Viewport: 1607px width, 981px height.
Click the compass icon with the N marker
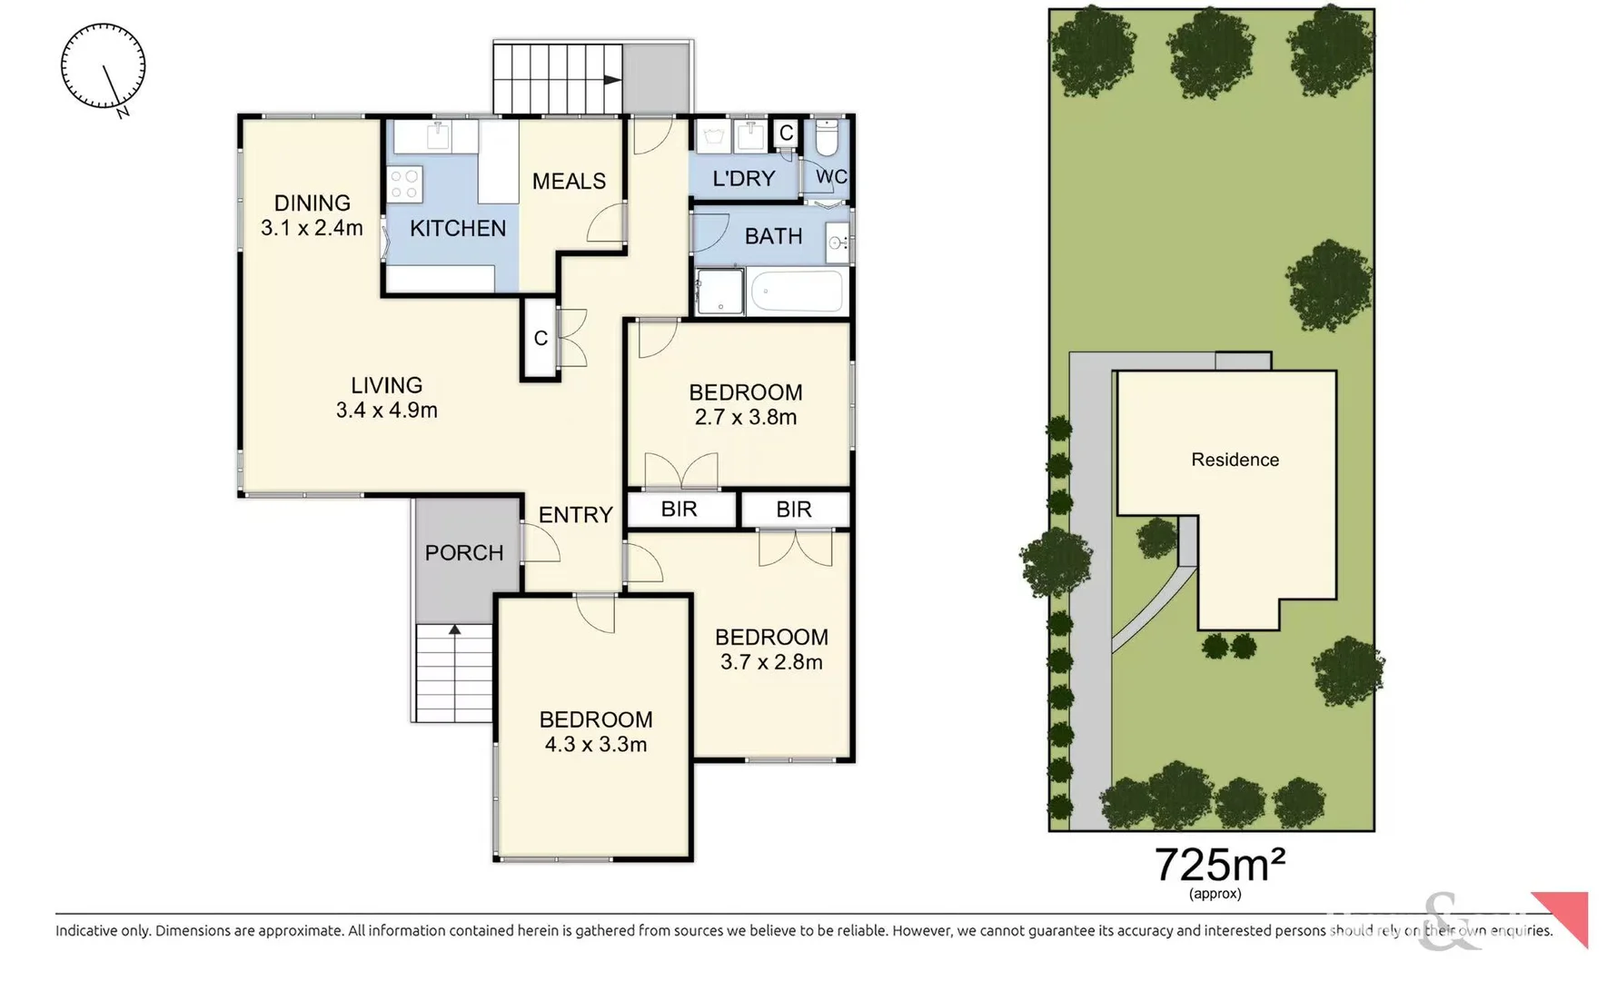(103, 67)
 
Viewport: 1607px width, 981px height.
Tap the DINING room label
(312, 203)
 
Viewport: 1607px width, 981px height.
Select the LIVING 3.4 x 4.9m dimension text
(386, 411)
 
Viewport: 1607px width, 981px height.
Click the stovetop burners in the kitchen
(404, 183)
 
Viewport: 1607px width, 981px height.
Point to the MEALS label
(569, 182)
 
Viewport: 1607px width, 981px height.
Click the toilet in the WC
(827, 139)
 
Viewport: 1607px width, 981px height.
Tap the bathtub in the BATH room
(796, 292)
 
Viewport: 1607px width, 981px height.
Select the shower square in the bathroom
(719, 291)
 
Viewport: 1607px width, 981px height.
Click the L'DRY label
(743, 179)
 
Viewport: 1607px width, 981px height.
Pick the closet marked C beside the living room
(540, 339)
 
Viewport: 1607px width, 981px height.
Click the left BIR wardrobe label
(680, 510)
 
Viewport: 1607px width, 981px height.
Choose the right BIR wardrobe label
(794, 510)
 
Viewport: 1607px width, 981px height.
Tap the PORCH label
(463, 552)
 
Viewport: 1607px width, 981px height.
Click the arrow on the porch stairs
(454, 629)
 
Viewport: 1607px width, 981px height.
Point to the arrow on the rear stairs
(612, 80)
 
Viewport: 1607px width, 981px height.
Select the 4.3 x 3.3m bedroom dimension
(595, 745)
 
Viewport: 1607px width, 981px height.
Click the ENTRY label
(575, 515)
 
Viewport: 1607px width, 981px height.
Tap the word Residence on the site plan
(1235, 460)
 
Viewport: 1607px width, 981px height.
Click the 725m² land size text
(1218, 865)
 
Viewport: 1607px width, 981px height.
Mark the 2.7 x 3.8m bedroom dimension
(745, 418)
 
